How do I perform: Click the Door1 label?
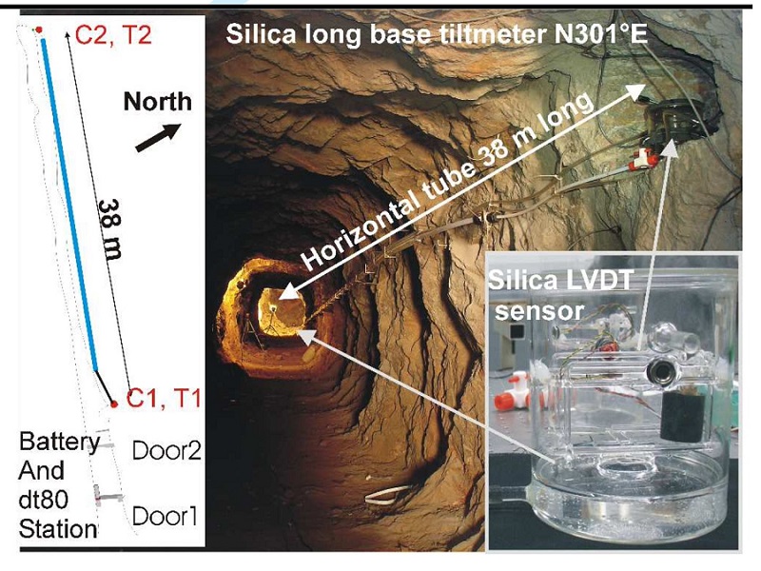pyautogui.click(x=166, y=517)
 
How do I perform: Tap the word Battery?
pyautogui.click(x=60, y=443)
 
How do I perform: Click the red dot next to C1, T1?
pyautogui.click(x=113, y=404)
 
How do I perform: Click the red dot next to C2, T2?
pyautogui.click(x=39, y=31)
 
